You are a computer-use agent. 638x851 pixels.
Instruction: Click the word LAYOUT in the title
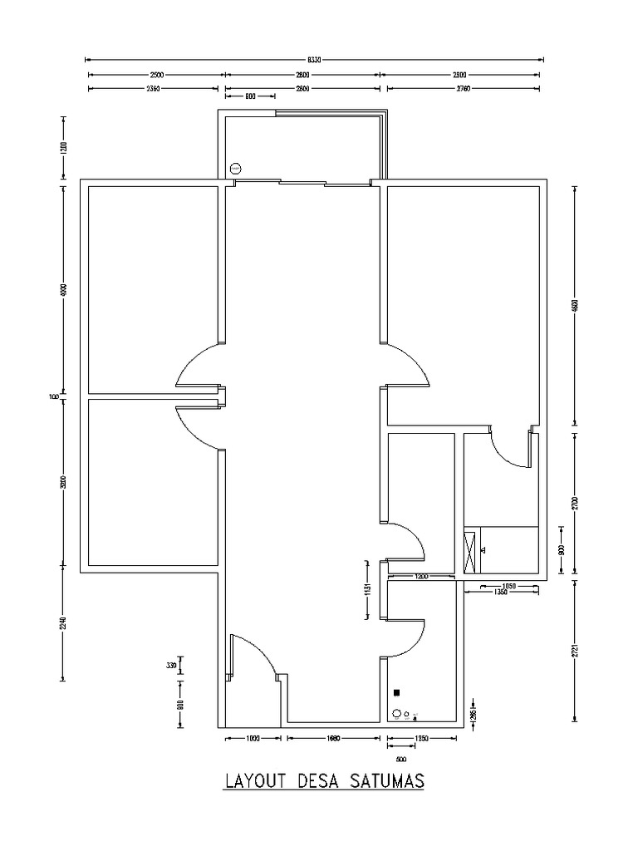click(x=253, y=782)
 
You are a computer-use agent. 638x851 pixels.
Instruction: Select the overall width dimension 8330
click(x=314, y=60)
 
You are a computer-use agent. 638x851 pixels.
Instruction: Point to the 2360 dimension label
click(x=154, y=87)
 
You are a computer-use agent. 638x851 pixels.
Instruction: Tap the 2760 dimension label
click(x=463, y=87)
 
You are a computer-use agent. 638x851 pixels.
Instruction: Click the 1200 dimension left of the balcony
click(x=64, y=147)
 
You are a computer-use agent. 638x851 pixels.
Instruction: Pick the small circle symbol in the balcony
click(x=235, y=167)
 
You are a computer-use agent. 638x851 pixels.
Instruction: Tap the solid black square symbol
click(x=397, y=692)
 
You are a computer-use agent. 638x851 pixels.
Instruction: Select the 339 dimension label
click(x=171, y=666)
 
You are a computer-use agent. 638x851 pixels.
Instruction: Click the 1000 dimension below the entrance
click(x=253, y=736)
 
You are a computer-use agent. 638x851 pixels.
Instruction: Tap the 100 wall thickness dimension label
click(x=55, y=397)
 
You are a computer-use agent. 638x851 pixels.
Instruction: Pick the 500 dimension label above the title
click(x=401, y=759)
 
